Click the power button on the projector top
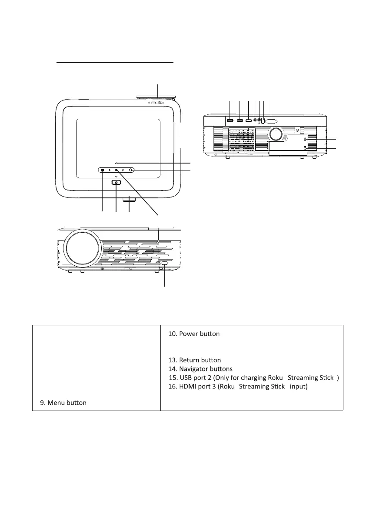pyautogui.click(x=116, y=183)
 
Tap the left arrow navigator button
pyautogui.click(x=110, y=170)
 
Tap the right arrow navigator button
pyautogui.click(x=123, y=170)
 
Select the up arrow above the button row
pyautogui.click(x=116, y=163)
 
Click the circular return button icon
pyautogui.click(x=130, y=170)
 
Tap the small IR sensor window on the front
pyautogui.click(x=164, y=264)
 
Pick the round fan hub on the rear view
pyautogui.click(x=275, y=134)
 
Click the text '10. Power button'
pyautogui.click(x=193, y=334)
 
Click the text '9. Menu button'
pyautogui.click(x=63, y=403)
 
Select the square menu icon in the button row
pyautogui.click(x=103, y=170)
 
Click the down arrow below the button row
pyautogui.click(x=116, y=177)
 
